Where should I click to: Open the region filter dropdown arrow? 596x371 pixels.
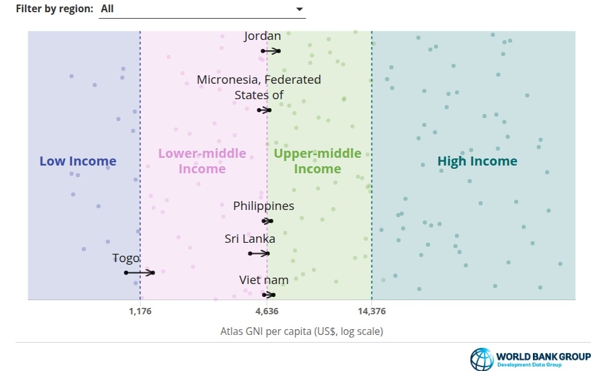pos(299,9)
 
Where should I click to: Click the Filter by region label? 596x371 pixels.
pos(54,9)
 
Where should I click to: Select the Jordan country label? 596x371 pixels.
pos(262,36)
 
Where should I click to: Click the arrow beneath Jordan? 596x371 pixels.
pos(270,51)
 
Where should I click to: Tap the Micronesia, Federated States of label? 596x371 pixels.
pos(259,87)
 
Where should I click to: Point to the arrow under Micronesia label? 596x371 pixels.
pos(264,110)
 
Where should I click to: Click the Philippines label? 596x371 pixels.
pos(263,206)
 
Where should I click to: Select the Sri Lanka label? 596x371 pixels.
pos(250,238)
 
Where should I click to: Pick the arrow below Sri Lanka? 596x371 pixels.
pos(259,253)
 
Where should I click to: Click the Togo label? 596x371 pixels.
pos(126,258)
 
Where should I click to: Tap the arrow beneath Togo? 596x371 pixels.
pos(140,272)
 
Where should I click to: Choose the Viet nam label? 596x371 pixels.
pos(264,280)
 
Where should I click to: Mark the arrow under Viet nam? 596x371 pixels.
pos(269,294)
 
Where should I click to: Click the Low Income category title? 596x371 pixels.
pos(78,161)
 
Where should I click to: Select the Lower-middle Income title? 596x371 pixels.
pos(202,161)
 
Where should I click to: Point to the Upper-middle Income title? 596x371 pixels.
pos(317,161)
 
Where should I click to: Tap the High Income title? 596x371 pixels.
pos(478,161)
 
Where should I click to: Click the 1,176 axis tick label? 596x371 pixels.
pos(140,311)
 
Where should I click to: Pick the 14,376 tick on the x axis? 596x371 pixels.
pos(372,311)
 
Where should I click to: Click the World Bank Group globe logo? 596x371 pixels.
pos(482,359)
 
